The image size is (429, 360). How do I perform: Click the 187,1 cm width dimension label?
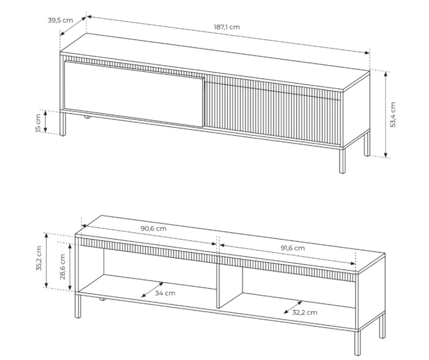pos(227,27)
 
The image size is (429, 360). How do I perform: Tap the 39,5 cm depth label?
pos(61,20)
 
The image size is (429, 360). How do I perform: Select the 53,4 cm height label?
pos(393,115)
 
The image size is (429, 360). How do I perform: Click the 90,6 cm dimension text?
pos(154,228)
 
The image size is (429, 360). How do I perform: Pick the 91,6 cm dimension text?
pos(293,248)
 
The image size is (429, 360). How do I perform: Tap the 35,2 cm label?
pos(38,258)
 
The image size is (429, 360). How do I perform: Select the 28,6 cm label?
pos(62,267)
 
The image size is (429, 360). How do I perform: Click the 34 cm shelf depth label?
pos(165,293)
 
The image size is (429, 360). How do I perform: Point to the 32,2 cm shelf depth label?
pos(304,312)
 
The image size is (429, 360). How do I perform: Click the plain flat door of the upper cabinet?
pos(134,93)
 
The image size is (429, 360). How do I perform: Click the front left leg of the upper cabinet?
pos(63,124)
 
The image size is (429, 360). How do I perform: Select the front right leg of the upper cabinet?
pos(342,161)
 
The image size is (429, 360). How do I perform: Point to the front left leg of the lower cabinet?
pos(78,306)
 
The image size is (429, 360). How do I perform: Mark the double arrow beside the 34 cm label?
pos(153,290)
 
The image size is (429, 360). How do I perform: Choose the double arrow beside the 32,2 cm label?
pos(293,307)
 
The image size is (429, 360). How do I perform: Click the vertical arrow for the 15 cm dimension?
pos(45,122)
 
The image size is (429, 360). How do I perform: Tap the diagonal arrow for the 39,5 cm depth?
pos(74,26)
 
